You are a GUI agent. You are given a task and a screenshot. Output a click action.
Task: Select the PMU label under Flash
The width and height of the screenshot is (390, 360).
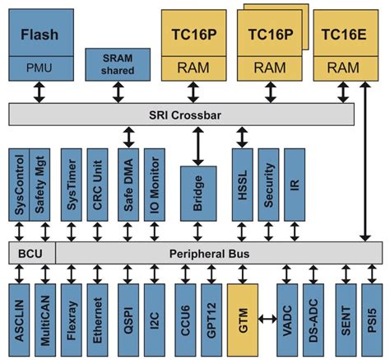[x=40, y=68]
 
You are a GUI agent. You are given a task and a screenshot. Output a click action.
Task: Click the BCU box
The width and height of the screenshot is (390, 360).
[x=30, y=250]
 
